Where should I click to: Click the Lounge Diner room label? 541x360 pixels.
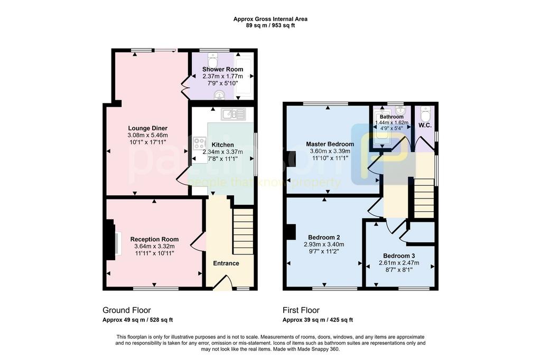click(148, 129)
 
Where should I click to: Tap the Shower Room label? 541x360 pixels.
click(222, 69)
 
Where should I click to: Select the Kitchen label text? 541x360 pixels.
click(222, 145)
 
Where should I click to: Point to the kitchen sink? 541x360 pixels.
click(233, 114)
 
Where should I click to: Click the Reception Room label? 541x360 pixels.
click(155, 239)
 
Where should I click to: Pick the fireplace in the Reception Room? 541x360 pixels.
click(113, 240)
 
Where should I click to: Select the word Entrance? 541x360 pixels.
click(226, 263)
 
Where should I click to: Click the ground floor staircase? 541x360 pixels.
click(243, 231)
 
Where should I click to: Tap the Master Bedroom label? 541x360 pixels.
click(330, 144)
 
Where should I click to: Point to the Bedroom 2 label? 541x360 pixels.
click(324, 237)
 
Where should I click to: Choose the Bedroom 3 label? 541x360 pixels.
click(399, 256)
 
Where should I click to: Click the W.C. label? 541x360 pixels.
click(425, 126)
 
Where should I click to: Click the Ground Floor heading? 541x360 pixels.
click(127, 310)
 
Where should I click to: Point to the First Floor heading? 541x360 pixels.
click(301, 310)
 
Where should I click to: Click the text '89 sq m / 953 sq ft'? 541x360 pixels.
click(270, 25)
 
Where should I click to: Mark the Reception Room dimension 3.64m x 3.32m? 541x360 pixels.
click(155, 246)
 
